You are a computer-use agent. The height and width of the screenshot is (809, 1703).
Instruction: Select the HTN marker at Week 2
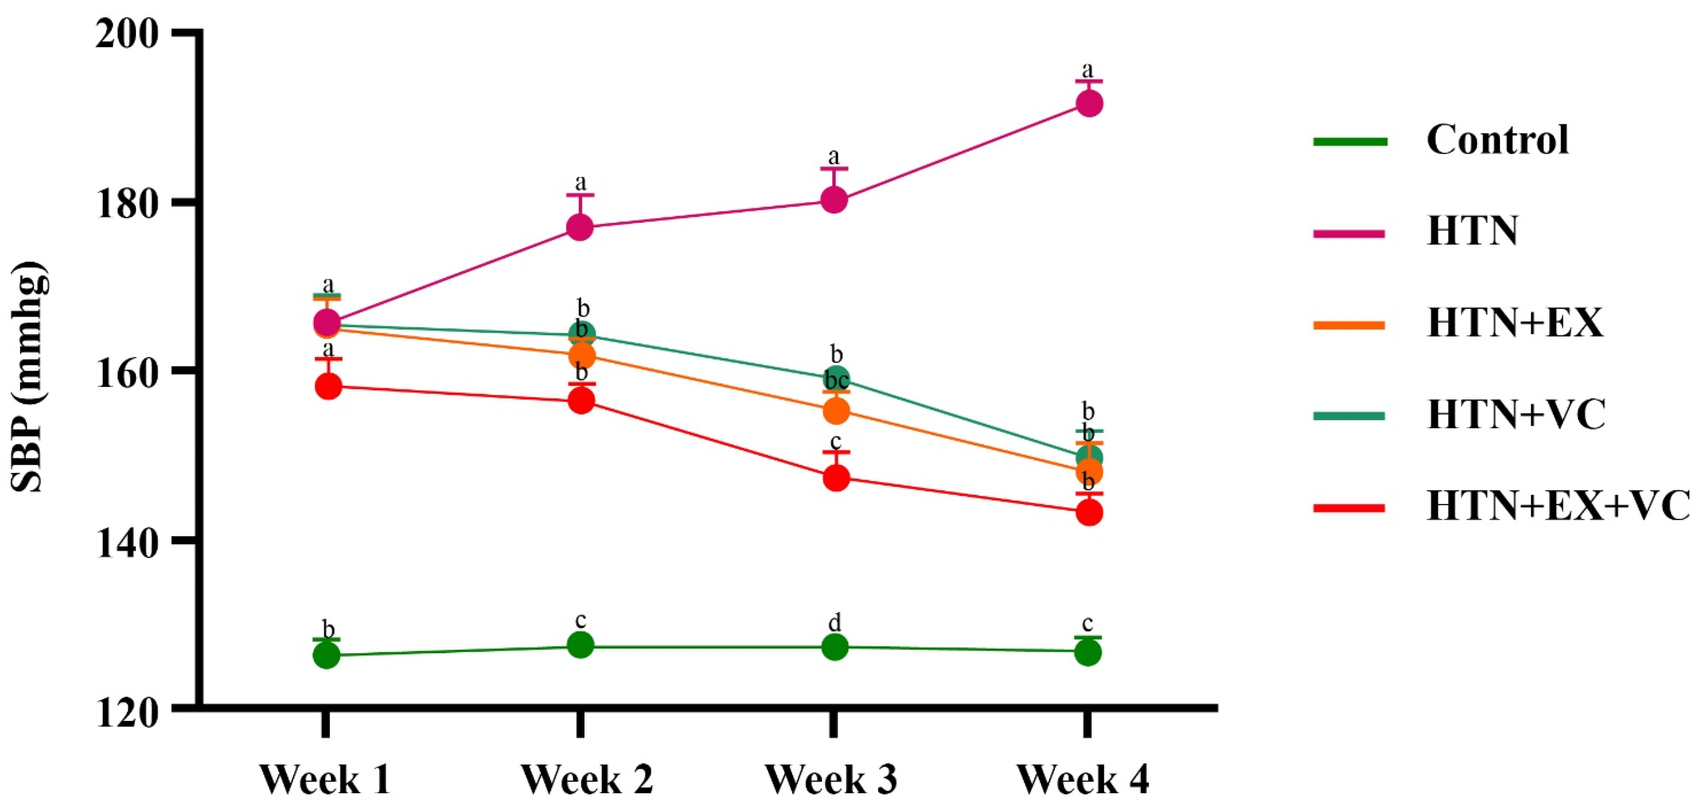(580, 227)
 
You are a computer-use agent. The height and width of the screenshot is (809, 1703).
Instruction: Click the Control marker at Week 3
(834, 647)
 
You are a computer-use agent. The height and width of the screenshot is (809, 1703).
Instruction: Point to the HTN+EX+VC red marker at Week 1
(328, 386)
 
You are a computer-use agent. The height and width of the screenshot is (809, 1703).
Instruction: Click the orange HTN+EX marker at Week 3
(835, 411)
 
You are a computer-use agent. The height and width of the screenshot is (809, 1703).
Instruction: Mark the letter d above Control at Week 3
(834, 622)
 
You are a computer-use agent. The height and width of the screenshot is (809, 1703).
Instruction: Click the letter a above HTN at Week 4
(1087, 69)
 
